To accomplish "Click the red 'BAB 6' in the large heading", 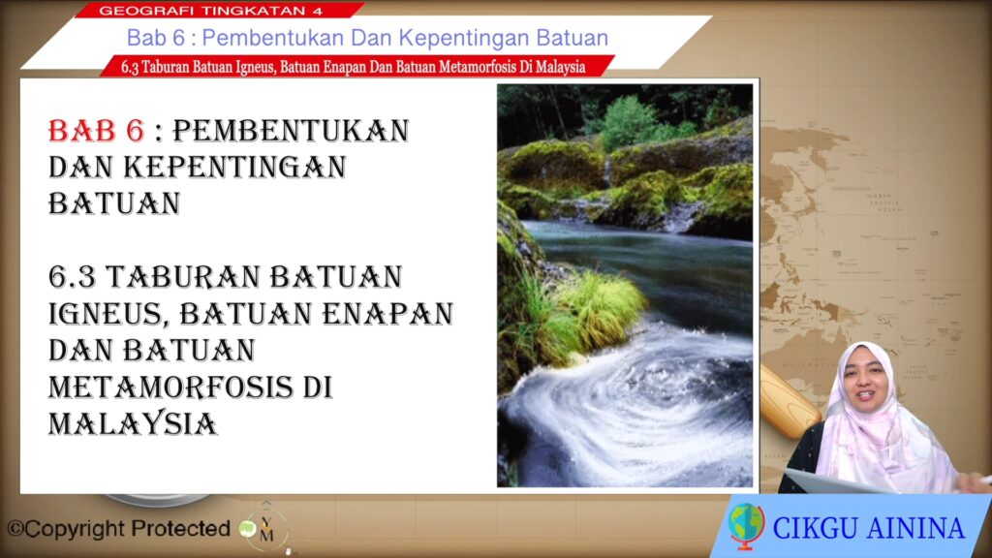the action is pos(96,131).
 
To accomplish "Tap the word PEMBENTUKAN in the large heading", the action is pos(291,131).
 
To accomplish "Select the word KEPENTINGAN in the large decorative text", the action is pos(234,167).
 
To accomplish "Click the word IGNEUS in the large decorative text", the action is pos(108,315).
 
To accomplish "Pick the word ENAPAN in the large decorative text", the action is pos(387,314).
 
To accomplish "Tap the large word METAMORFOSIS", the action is pos(170,387).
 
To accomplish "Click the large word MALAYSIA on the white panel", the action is pos(133,424).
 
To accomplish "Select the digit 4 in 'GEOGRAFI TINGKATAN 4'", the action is pos(318,11).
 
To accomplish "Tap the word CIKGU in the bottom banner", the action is pos(816,528).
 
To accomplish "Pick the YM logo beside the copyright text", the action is pos(266,529).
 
